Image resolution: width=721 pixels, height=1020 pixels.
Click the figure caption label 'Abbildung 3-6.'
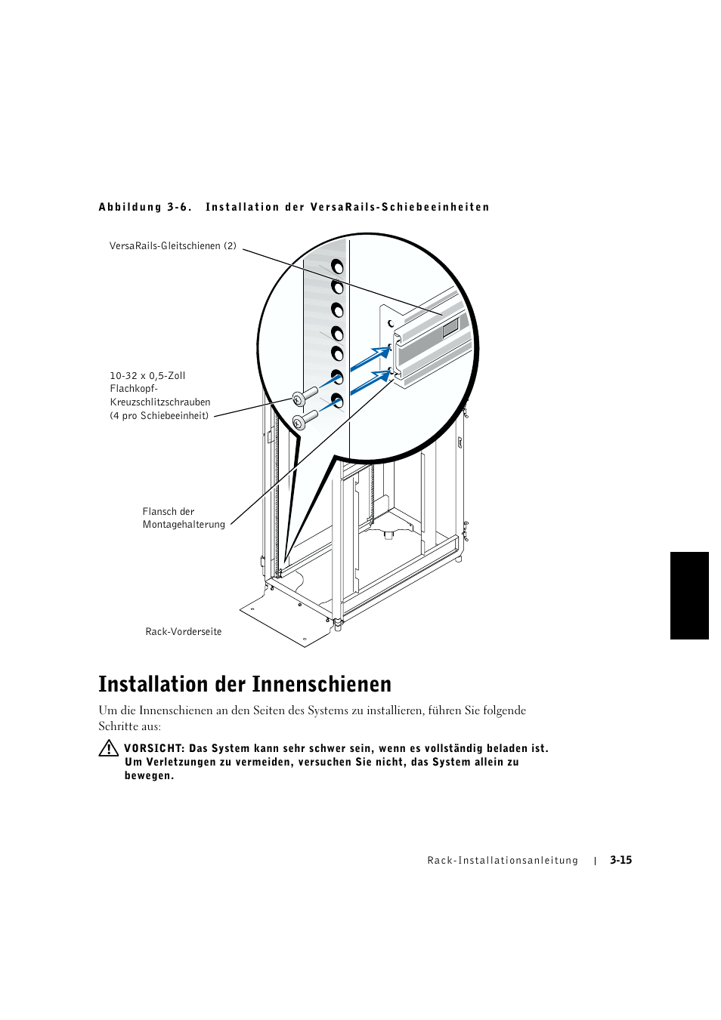(x=144, y=208)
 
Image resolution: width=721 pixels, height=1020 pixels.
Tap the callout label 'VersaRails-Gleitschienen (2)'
(x=172, y=246)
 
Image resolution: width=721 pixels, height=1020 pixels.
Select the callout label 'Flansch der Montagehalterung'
(x=183, y=518)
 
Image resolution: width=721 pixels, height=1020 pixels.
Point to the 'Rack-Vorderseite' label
(x=183, y=632)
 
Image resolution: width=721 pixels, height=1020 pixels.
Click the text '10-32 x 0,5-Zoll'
(x=147, y=376)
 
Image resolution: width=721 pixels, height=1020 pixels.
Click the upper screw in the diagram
(x=304, y=397)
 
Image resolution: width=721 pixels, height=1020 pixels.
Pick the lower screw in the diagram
(x=304, y=420)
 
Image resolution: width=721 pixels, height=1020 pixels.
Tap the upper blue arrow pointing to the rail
(x=372, y=358)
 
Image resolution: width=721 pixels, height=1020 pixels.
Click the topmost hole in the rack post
(x=337, y=267)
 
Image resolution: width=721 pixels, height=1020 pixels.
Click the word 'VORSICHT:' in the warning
(x=154, y=749)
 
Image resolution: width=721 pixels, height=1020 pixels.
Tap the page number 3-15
(x=620, y=860)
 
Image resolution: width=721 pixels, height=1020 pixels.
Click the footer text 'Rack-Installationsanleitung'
(x=503, y=861)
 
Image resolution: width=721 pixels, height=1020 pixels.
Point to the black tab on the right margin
(x=689, y=596)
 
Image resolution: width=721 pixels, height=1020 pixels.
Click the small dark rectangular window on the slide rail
(x=450, y=327)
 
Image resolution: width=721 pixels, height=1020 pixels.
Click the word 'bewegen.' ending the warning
(x=149, y=776)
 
